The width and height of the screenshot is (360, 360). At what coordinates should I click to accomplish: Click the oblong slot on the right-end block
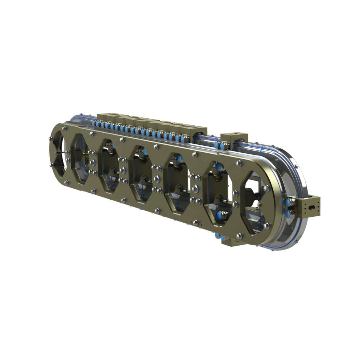click(314, 207)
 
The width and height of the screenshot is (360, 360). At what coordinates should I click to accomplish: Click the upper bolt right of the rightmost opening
click(266, 188)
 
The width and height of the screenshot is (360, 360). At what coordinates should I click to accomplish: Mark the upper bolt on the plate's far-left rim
click(49, 139)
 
